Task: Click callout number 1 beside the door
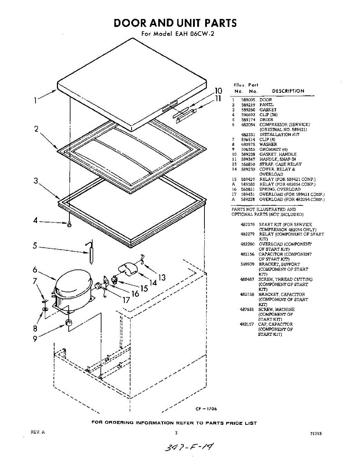point(35,101)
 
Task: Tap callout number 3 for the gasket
point(36,181)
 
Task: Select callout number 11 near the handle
point(218,98)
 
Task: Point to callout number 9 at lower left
point(35,338)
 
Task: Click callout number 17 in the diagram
point(126,300)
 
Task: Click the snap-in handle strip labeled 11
point(185,114)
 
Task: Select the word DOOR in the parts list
point(265,100)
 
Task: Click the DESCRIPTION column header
point(288,91)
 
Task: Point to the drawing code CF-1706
point(206,409)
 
